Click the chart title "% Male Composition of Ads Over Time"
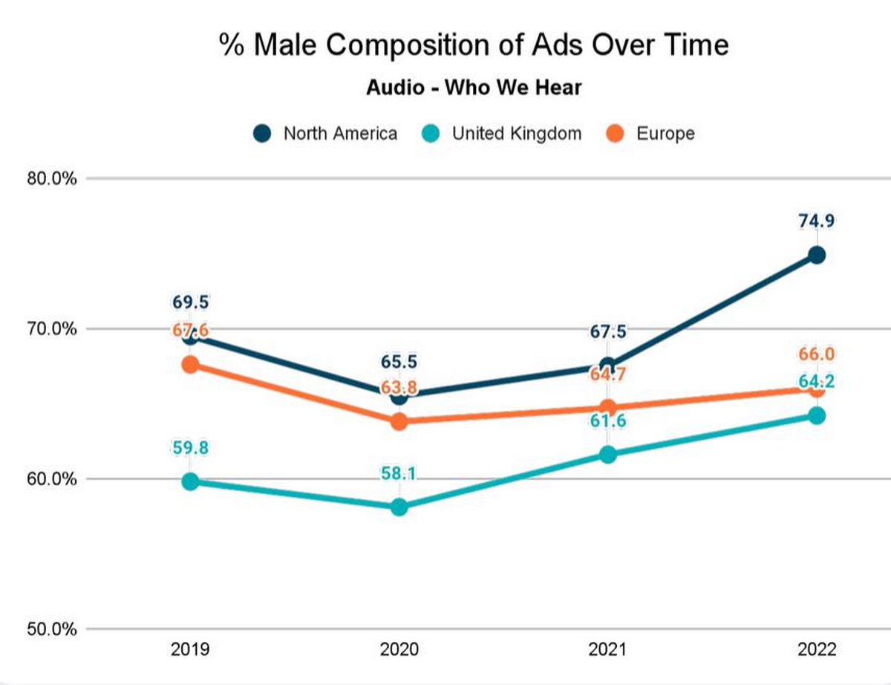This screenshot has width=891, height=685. click(474, 45)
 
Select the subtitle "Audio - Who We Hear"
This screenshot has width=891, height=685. click(474, 88)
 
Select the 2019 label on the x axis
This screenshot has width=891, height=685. click(190, 650)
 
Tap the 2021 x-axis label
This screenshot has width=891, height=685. click(607, 650)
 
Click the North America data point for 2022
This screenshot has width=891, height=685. click(817, 255)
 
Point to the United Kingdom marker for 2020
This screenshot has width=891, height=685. click(399, 507)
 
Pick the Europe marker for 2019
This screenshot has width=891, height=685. click(190, 365)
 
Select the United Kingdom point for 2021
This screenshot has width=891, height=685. click(608, 455)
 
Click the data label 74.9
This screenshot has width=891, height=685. click(817, 221)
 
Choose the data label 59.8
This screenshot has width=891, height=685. click(190, 448)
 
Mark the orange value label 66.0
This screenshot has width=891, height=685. click(817, 355)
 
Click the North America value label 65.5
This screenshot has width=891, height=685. click(399, 363)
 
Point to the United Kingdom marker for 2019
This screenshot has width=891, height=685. click(190, 481)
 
